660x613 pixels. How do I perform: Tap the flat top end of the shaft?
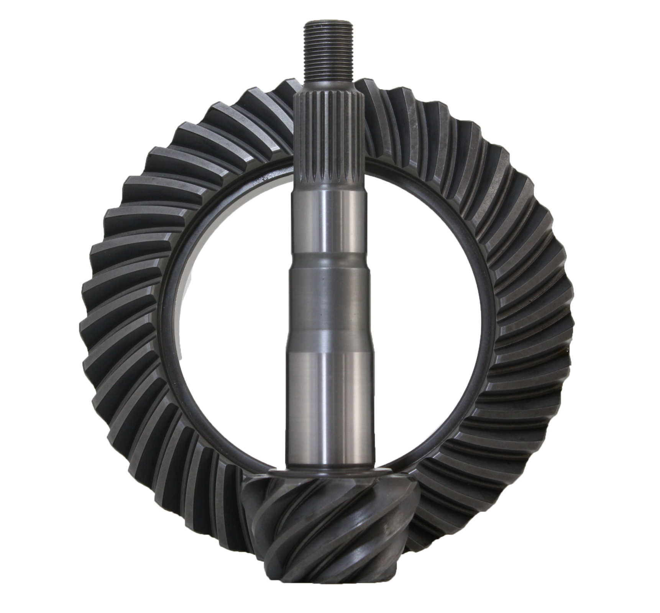click(x=329, y=24)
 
